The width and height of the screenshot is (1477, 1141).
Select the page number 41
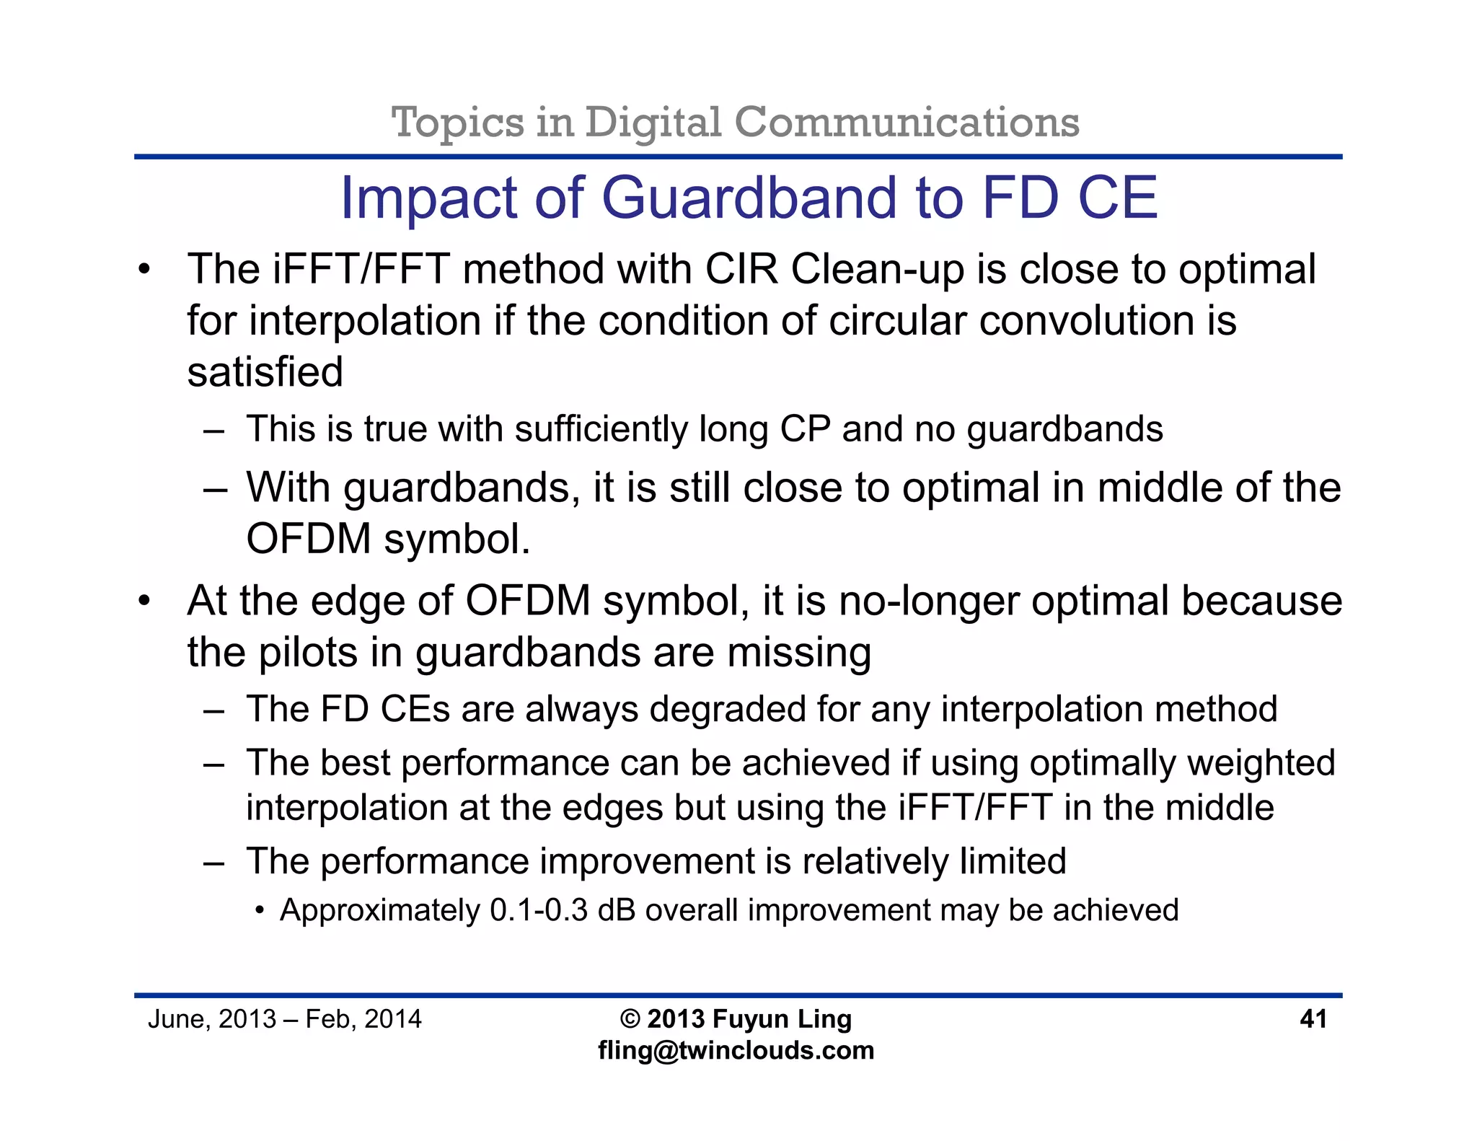pos(1313,1019)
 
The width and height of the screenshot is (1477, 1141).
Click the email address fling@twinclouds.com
pos(736,1051)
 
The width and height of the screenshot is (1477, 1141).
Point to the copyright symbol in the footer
pos(630,1019)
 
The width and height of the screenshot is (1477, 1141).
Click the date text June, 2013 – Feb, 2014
pos(284,1019)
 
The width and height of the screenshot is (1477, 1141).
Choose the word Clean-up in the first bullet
pos(877,270)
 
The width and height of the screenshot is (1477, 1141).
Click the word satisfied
pos(265,372)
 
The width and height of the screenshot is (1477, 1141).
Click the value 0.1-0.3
pos(539,910)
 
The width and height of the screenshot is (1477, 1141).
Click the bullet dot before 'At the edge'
pos(145,601)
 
